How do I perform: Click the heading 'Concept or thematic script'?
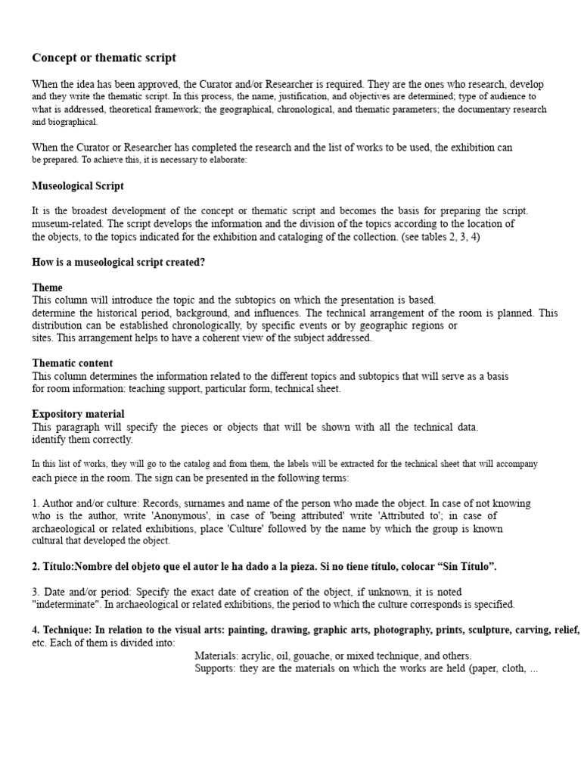pyautogui.click(x=104, y=58)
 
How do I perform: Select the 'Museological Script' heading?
pyautogui.click(x=78, y=185)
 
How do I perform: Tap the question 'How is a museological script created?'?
pyautogui.click(x=119, y=262)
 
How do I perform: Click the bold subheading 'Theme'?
pyautogui.click(x=47, y=288)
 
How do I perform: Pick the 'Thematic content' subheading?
pyautogui.click(x=73, y=363)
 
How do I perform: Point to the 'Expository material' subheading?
pyautogui.click(x=78, y=414)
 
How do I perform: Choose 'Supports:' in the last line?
pyautogui.click(x=216, y=668)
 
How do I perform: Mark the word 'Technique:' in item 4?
pyautogui.click(x=67, y=630)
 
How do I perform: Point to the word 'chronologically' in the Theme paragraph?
pyautogui.click(x=210, y=325)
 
